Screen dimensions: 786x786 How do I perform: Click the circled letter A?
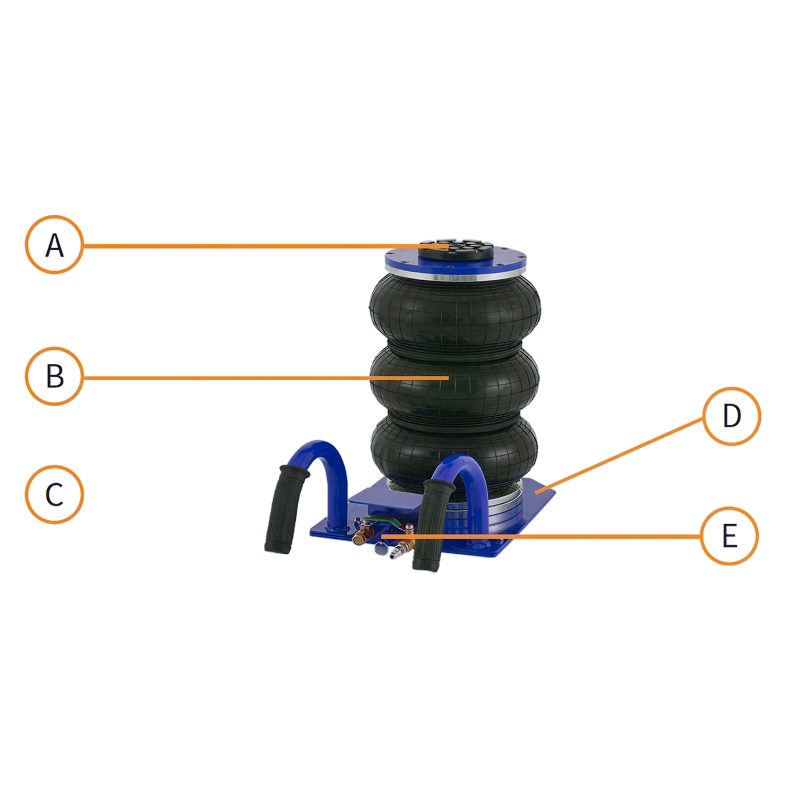pos(54,245)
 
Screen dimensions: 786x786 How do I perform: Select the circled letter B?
pos(54,376)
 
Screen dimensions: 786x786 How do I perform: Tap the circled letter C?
pos(54,494)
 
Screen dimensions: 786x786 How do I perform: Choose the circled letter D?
pos(731,416)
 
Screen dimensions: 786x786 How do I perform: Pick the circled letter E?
pos(730,535)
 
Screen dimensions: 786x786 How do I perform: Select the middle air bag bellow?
pos(455,381)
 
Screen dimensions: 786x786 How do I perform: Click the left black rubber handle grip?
pos(286,509)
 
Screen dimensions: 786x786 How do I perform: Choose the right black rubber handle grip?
pos(432,526)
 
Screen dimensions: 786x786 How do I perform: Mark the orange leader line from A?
pos(265,245)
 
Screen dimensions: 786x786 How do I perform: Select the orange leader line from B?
pos(265,377)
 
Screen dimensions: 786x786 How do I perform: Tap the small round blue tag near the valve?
pos(380,549)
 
